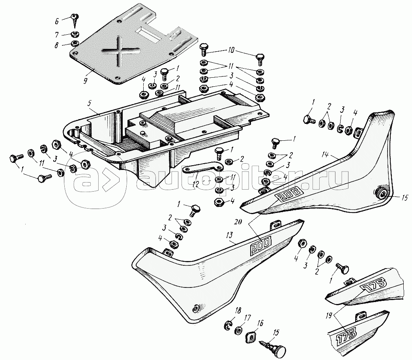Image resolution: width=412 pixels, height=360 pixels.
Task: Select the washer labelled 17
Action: coord(238,330)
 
